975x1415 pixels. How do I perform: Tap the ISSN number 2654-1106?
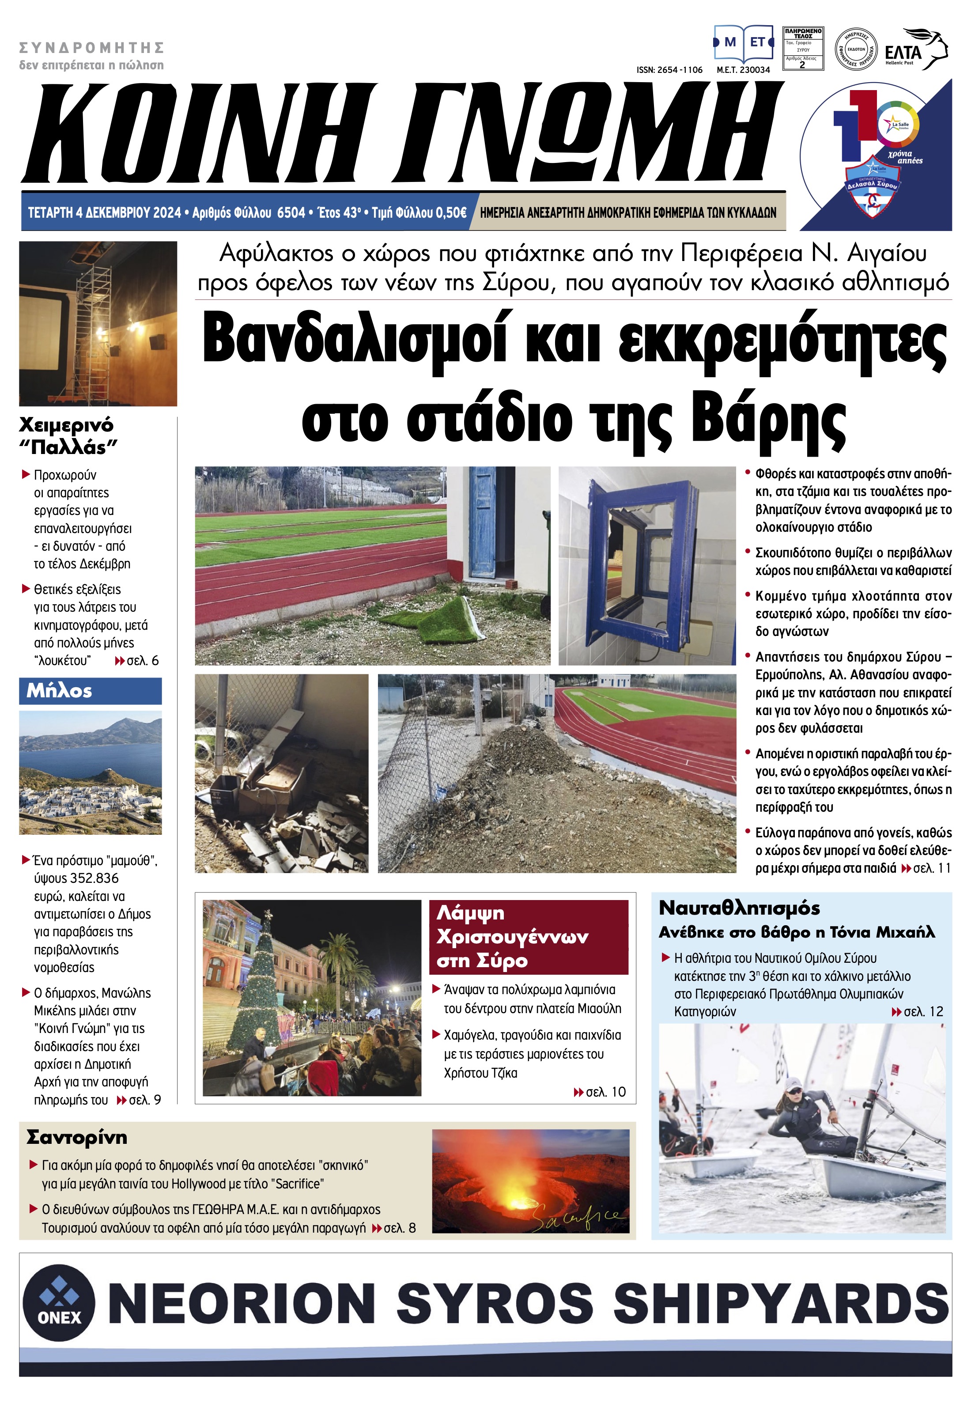click(669, 70)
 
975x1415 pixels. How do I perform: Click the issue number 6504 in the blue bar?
click(291, 212)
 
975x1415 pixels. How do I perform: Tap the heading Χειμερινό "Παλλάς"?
click(67, 435)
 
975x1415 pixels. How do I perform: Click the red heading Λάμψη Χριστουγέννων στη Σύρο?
click(529, 937)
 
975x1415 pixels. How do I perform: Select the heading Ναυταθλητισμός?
click(739, 908)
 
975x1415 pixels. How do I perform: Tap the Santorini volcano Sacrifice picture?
click(530, 1181)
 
